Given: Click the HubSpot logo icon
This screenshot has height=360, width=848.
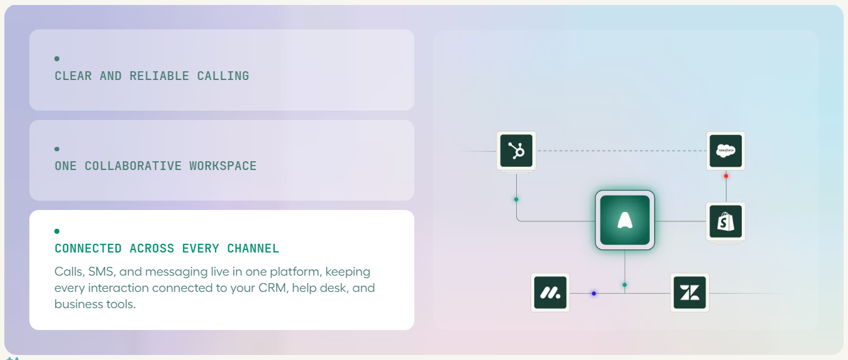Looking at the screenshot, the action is [x=516, y=151].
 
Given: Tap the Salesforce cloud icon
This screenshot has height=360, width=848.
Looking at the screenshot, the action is [x=726, y=151].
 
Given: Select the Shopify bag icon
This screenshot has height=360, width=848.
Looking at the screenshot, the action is [x=726, y=221].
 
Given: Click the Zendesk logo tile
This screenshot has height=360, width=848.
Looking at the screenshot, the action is [x=689, y=292].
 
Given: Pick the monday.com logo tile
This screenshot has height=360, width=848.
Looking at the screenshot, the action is [x=550, y=292].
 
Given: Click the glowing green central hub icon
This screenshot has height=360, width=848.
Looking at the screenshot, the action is [x=625, y=220].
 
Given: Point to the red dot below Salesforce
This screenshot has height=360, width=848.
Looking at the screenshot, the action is [x=726, y=176].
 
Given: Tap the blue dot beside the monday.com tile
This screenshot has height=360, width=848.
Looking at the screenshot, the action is [x=594, y=293].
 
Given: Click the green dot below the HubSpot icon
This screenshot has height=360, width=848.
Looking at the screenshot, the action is [x=516, y=199].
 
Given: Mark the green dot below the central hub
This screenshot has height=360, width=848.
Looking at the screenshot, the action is [x=625, y=285].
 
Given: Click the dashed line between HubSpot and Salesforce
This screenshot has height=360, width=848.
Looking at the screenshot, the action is [x=621, y=151].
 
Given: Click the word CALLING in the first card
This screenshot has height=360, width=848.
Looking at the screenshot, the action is [x=223, y=76].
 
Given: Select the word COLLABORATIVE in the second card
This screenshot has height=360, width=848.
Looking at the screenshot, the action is [x=133, y=166].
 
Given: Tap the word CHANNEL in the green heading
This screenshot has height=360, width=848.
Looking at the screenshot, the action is [x=253, y=248].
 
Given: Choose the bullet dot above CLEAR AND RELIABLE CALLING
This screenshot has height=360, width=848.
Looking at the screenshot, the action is [x=57, y=59].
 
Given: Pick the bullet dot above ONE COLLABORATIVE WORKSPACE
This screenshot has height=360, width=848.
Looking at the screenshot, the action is [x=57, y=149].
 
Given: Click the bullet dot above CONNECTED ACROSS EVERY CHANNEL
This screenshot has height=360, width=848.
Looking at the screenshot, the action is [x=57, y=231].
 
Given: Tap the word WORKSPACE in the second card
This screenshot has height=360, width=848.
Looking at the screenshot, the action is [x=223, y=166].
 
